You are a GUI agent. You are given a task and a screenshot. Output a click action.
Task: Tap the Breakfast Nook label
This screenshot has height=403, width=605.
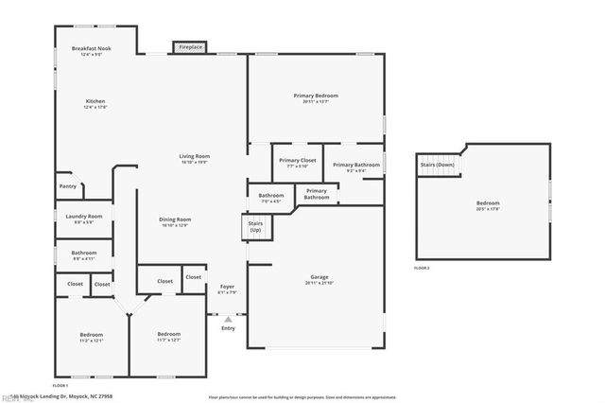click(x=92, y=50)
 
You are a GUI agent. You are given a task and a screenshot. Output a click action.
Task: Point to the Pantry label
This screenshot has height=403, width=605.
click(x=67, y=186)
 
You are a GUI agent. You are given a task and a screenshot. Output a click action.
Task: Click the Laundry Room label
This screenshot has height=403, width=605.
click(x=83, y=219)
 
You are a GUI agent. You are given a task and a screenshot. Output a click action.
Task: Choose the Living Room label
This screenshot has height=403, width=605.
click(x=195, y=158)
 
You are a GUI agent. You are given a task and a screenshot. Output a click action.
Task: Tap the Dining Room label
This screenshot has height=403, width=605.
click(x=175, y=221)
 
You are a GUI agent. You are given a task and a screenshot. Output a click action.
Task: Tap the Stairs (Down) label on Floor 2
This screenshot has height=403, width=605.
click(x=438, y=166)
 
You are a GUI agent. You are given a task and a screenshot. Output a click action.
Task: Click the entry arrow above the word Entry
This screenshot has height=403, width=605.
click(x=228, y=320)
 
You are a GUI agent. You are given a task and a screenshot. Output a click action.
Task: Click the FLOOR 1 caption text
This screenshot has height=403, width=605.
click(x=60, y=386)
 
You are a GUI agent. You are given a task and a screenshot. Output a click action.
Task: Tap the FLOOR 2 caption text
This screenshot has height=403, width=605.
click(x=422, y=269)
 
